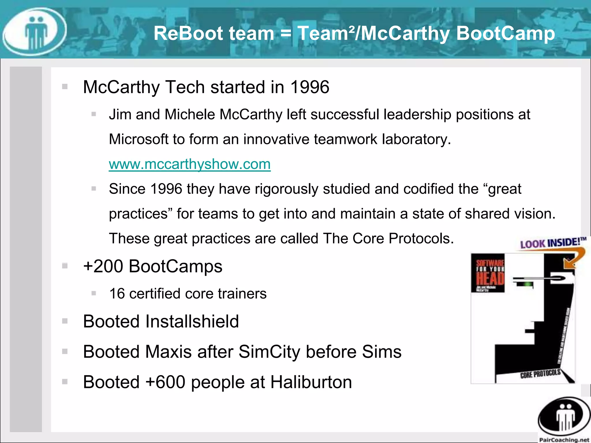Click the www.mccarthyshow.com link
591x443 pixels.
[x=190, y=164]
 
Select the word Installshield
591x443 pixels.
[x=192, y=321]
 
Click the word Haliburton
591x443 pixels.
[x=311, y=382]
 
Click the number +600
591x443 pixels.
[x=165, y=382]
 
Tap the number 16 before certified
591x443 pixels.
[x=117, y=294]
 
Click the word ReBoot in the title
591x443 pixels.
[x=185, y=33]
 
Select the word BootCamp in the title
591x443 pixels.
[x=506, y=33]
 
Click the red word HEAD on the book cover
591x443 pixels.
[x=490, y=279]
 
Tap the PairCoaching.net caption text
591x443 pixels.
[x=564, y=440]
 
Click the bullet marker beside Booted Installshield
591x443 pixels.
[x=65, y=321]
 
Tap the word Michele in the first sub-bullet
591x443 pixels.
[x=190, y=114]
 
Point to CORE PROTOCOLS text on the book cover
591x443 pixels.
[x=540, y=374]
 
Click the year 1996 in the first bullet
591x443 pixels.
[x=310, y=87]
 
